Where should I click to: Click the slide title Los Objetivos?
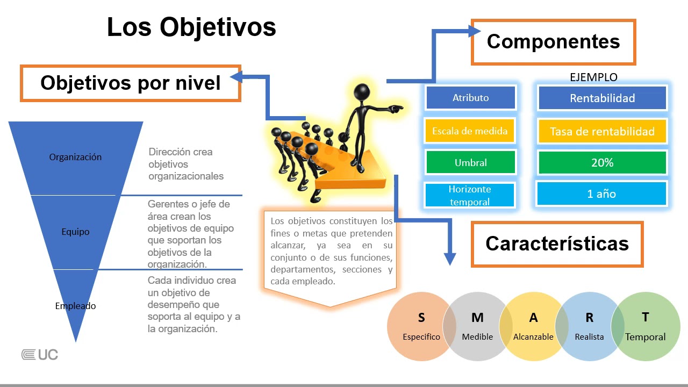click(191, 27)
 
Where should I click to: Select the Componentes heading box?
click(553, 42)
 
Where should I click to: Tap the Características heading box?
click(557, 243)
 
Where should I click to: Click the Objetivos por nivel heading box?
click(130, 83)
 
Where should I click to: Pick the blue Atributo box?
click(470, 98)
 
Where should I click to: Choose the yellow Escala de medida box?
click(470, 131)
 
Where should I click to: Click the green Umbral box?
click(470, 162)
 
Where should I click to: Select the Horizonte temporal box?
click(470, 195)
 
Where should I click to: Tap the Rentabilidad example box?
click(602, 98)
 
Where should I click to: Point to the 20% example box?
click(602, 162)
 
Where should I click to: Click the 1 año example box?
click(601, 194)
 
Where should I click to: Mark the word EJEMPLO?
click(593, 77)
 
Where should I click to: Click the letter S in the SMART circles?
click(421, 318)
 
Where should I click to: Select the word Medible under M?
click(477, 337)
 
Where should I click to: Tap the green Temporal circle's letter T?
click(645, 317)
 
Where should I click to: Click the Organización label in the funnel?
click(75, 157)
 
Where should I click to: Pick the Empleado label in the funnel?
click(75, 306)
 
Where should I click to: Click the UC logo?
click(40, 355)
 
